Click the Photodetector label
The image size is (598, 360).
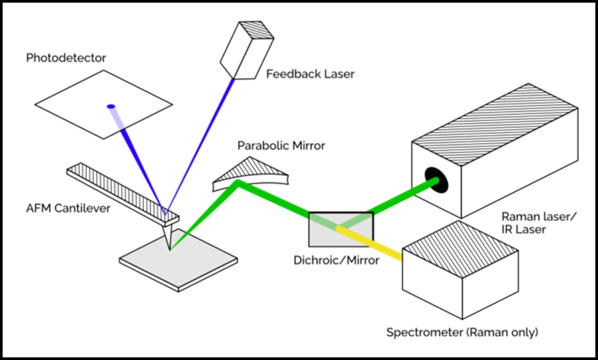tap(66, 57)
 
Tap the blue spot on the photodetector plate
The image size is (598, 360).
tap(111, 106)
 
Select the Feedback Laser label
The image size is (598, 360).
tap(310, 74)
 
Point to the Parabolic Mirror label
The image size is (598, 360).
tap(281, 145)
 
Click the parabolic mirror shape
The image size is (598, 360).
tap(250, 173)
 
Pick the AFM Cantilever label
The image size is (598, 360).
tap(68, 208)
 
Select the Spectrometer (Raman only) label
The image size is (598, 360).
tap(462, 333)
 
